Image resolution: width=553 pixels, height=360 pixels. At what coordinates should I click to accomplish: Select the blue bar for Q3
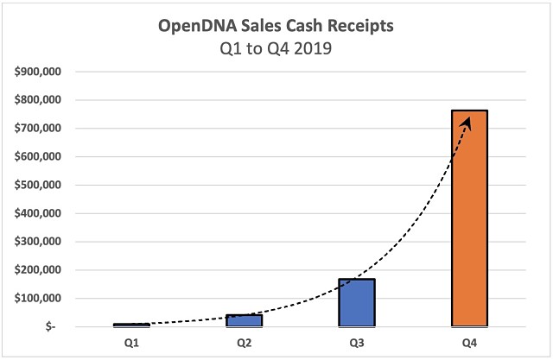[357, 302]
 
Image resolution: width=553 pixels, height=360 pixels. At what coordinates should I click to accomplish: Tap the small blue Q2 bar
[245, 320]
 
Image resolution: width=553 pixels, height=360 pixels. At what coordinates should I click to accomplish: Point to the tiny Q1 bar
[132, 325]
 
